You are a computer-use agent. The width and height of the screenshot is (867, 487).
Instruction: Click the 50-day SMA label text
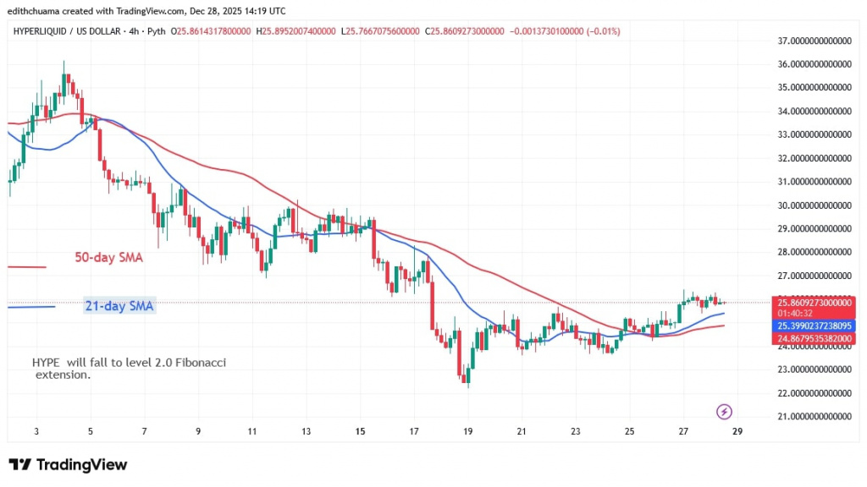pos(108,258)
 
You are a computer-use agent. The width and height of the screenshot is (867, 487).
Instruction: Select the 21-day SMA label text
pos(119,306)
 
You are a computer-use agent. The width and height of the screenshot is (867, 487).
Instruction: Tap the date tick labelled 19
pos(467,431)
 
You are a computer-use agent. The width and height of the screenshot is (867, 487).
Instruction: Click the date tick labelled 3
pos(36,431)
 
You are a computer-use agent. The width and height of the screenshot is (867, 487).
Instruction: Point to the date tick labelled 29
pos(737,431)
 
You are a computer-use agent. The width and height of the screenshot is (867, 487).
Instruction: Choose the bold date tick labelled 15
pos(360,431)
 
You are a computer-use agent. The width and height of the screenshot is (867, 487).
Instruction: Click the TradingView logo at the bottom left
pos(68,465)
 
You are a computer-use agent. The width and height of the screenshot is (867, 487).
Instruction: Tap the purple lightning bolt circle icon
pos(724,412)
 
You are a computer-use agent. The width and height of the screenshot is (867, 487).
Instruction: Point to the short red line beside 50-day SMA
pos(26,267)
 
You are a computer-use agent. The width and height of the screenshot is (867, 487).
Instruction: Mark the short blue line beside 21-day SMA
pos(30,306)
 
